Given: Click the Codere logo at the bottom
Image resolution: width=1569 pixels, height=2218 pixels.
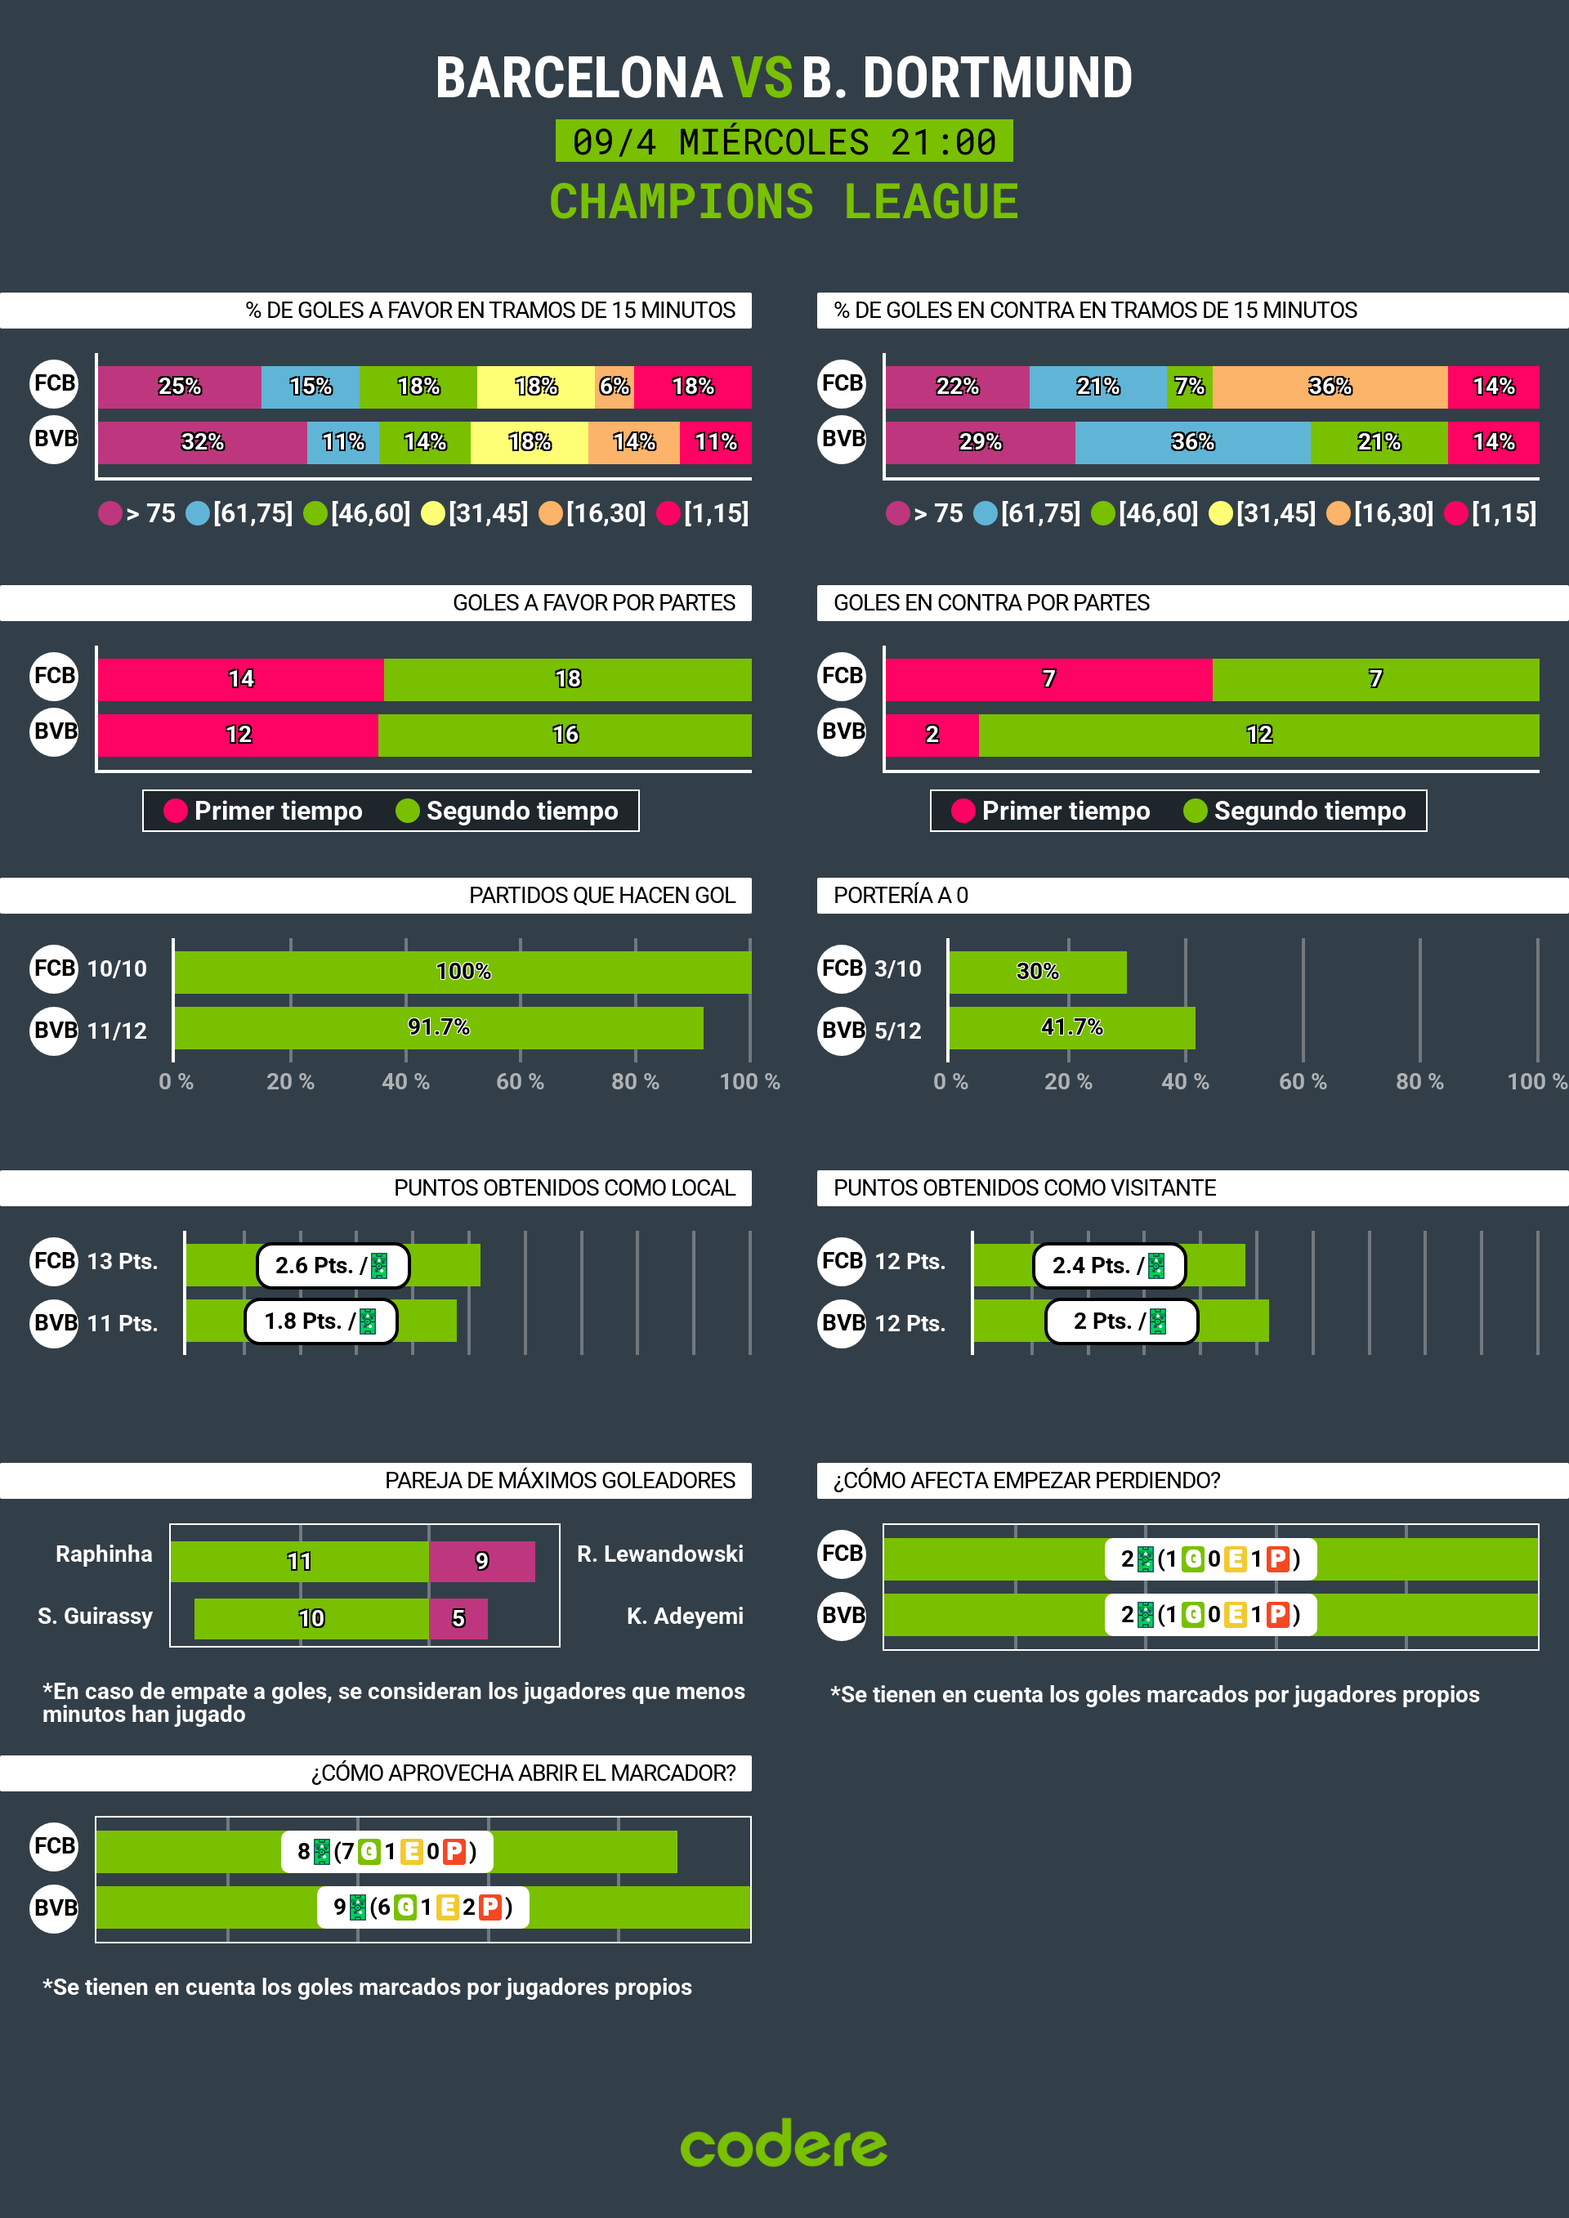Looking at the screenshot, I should click(x=784, y=2144).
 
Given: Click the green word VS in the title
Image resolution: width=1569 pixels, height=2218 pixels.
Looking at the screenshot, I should click(x=762, y=78).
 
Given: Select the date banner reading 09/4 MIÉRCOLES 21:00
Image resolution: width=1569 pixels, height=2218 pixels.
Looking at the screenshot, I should click(x=784, y=142).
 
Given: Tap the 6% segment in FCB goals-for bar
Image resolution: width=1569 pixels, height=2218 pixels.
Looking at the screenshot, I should click(x=615, y=387).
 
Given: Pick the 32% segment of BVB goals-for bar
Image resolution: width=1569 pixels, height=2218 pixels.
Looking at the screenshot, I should click(x=202, y=442).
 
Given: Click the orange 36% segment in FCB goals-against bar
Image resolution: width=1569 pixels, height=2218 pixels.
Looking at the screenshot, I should click(x=1330, y=387).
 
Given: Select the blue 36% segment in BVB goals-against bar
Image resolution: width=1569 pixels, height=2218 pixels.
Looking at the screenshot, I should click(x=1192, y=442).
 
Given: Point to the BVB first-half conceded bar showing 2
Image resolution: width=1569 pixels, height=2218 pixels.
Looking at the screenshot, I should click(x=932, y=734).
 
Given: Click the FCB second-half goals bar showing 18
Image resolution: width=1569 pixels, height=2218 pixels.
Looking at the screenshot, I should click(x=567, y=679).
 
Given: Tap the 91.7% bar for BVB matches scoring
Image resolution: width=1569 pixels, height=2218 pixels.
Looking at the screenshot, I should click(x=439, y=1027).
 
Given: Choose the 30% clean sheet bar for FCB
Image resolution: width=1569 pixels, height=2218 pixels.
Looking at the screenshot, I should click(x=1037, y=972).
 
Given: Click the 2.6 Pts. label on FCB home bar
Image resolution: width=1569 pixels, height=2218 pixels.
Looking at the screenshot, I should click(x=333, y=1265).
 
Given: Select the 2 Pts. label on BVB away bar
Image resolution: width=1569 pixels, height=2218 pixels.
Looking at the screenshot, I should click(x=1120, y=1321).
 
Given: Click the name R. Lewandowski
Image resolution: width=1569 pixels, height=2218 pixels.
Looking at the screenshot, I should click(x=659, y=1554).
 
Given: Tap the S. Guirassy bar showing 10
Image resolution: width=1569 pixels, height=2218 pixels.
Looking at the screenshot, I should click(x=311, y=1618).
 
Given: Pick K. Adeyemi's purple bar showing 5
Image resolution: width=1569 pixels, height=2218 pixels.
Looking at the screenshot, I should click(x=458, y=1618).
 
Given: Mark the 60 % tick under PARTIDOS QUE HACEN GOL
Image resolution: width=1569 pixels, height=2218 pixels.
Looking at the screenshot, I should click(x=520, y=1082).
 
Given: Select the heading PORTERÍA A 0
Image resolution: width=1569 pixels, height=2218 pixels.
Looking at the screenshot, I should click(x=901, y=896).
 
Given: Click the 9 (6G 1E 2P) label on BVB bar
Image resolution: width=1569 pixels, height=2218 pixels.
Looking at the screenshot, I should click(x=423, y=1907).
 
